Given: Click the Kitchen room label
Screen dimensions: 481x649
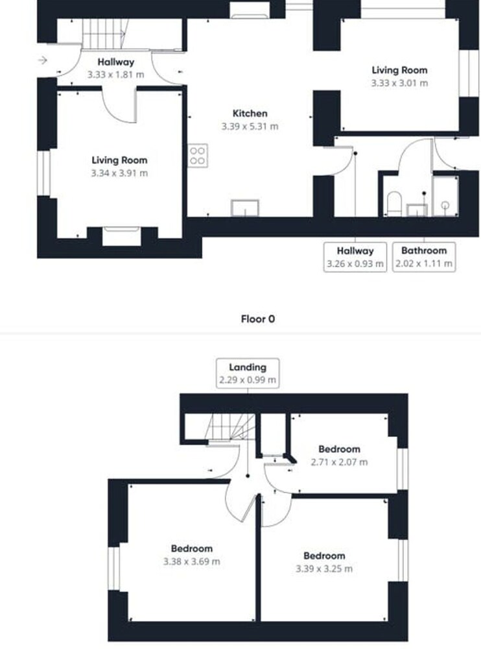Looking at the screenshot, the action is coord(250,113).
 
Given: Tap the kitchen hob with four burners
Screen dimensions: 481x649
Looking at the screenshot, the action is coord(198,156).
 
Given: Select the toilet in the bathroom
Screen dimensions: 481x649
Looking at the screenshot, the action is coord(394,203).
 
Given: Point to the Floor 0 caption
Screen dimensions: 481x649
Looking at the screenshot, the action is coord(258,319).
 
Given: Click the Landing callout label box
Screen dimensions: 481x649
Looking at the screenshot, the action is coord(248,373).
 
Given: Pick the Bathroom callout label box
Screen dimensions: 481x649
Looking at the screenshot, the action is coord(424,257).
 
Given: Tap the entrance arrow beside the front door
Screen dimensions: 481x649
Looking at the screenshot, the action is coord(43,60).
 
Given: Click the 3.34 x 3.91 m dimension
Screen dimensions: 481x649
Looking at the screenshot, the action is coord(119,173).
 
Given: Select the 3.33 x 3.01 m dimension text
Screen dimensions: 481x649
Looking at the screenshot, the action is coord(399,83).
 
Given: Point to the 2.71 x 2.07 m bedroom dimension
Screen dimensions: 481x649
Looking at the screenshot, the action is coord(339,462).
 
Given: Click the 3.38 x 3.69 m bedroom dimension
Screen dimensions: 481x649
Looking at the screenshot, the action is coord(191,561).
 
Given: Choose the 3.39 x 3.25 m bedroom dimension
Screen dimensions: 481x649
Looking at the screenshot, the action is coord(324,569).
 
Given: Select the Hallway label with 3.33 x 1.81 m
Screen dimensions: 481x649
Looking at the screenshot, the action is coord(116,68).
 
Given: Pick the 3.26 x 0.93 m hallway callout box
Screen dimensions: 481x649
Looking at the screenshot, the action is coord(355,257).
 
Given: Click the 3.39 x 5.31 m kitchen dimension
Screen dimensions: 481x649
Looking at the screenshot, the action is coord(250,127).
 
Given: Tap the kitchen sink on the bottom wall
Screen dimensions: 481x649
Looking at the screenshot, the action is coord(245,208).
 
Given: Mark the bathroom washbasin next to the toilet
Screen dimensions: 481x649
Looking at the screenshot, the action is coord(416,210).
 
